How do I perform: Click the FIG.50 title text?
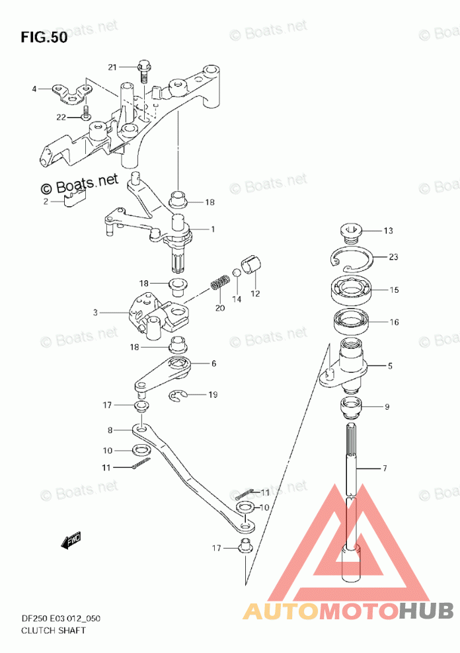click(44, 38)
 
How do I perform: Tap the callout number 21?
click(113, 67)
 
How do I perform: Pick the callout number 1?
click(213, 229)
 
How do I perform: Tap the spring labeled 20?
click(220, 282)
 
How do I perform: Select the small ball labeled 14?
click(237, 273)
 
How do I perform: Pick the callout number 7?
click(385, 469)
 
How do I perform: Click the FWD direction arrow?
click(71, 541)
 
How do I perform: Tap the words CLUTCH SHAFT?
click(54, 630)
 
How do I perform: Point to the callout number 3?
click(95, 313)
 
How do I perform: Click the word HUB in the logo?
click(426, 611)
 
